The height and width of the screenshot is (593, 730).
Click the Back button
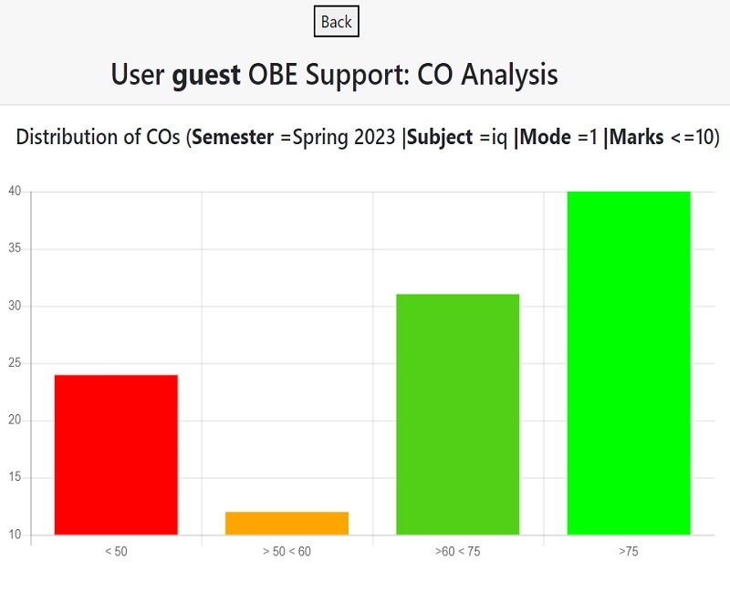(336, 22)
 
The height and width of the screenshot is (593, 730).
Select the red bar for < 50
(116, 454)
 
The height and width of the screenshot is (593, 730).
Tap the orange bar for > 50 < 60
(287, 523)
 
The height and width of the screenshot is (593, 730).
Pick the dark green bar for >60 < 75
(457, 414)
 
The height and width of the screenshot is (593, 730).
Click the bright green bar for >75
(628, 363)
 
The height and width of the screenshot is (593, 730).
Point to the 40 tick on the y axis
(15, 192)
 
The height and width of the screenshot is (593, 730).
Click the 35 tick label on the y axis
(15, 249)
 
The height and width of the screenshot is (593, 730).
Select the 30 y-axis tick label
(15, 306)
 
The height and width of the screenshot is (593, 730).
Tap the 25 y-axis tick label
(15, 363)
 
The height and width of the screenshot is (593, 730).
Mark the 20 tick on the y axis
(15, 421)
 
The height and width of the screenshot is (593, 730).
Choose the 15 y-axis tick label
(15, 477)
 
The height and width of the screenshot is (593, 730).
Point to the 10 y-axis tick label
(15, 535)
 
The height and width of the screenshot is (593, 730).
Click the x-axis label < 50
(116, 552)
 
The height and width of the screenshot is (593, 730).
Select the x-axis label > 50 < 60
(287, 552)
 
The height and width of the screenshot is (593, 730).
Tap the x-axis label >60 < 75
(457, 552)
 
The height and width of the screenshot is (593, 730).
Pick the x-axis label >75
(628, 552)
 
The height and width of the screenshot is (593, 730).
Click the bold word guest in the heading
(206, 74)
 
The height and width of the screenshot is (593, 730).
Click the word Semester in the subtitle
(233, 138)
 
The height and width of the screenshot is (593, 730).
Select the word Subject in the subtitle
(440, 138)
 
